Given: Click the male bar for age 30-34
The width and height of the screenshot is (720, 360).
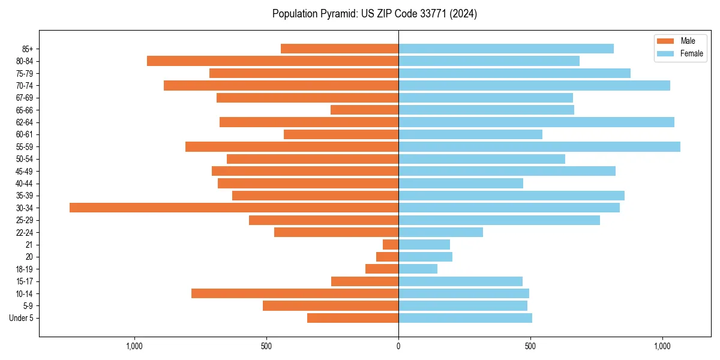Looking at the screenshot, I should [x=234, y=208].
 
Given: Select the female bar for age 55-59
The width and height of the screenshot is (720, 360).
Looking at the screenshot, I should [x=539, y=146].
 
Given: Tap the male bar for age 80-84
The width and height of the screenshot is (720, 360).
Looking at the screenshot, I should [x=272, y=61].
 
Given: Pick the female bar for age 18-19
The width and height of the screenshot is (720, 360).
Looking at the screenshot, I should [x=418, y=269].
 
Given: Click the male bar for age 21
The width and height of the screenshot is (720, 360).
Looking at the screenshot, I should [x=391, y=244].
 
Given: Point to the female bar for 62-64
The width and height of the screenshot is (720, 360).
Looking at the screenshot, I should [x=536, y=122].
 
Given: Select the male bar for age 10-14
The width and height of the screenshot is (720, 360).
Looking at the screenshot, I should [x=295, y=293].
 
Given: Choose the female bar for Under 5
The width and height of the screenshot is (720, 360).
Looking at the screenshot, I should [x=465, y=318].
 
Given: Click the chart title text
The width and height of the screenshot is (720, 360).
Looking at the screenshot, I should [x=374, y=14].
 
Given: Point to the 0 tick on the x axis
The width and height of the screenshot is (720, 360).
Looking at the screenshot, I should [x=398, y=347].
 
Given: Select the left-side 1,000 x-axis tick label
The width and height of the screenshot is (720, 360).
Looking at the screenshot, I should [x=134, y=347].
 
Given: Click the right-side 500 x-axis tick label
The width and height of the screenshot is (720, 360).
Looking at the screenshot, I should [x=530, y=347].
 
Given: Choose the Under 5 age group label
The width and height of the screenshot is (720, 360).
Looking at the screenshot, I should [x=21, y=318].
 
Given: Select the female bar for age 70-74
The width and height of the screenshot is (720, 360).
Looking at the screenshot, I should [x=534, y=85].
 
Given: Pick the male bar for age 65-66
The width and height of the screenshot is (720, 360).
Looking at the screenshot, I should [x=364, y=110].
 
